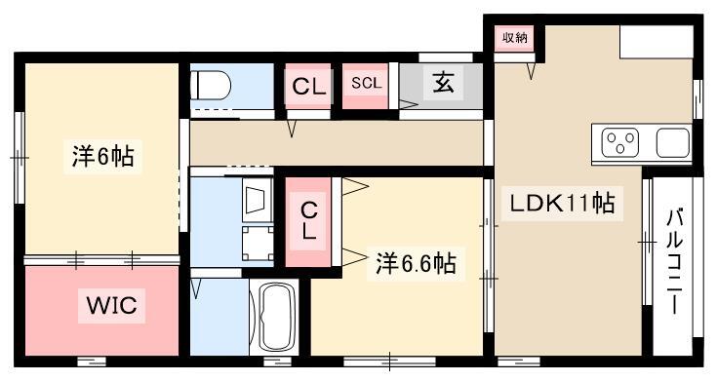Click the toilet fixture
point(211,85)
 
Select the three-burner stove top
point(619,143)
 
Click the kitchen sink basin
point(673,142)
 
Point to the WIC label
point(111,305)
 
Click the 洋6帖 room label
point(102,156)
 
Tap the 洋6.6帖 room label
point(416,263)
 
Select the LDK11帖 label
point(562,204)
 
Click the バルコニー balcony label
point(674,261)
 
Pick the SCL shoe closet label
point(366,83)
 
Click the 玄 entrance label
point(443,83)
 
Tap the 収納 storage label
point(515,37)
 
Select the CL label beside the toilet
point(309,87)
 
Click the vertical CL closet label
point(309,222)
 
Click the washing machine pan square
point(258,244)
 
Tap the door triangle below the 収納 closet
point(531,71)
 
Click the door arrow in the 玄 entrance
point(409,104)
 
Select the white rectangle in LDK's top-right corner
point(657,42)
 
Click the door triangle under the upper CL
point(292,129)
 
